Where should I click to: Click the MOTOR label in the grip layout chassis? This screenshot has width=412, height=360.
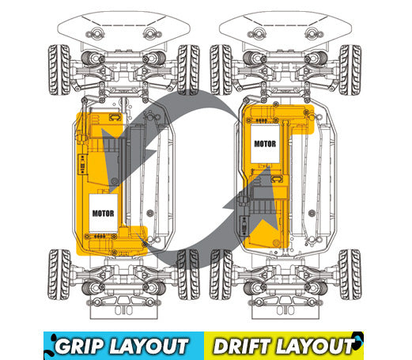click(x=103, y=213)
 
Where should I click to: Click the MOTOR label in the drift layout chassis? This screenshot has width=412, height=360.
click(x=265, y=144)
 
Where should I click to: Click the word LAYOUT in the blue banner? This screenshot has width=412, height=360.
click(x=149, y=346)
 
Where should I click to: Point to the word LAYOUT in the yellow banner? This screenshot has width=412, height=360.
click(x=315, y=346)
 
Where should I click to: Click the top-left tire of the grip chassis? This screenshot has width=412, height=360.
click(x=59, y=70)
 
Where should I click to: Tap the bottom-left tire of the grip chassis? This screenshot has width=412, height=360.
click(x=59, y=275)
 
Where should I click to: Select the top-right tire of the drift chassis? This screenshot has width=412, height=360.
click(x=350, y=70)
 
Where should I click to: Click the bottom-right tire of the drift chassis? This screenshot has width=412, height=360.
click(x=350, y=275)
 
